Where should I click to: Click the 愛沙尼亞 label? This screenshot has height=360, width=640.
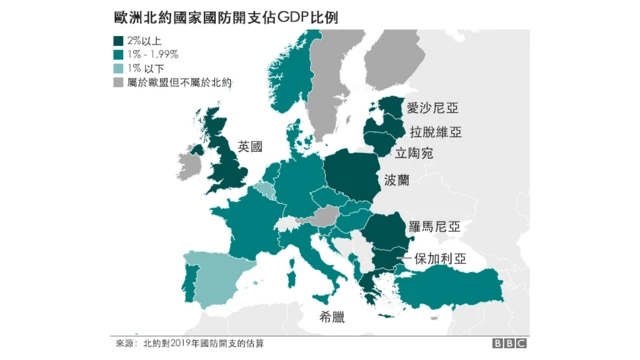click(x=432, y=107)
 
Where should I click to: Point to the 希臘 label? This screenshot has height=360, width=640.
click(x=334, y=317)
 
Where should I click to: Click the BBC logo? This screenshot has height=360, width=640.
click(x=511, y=344)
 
